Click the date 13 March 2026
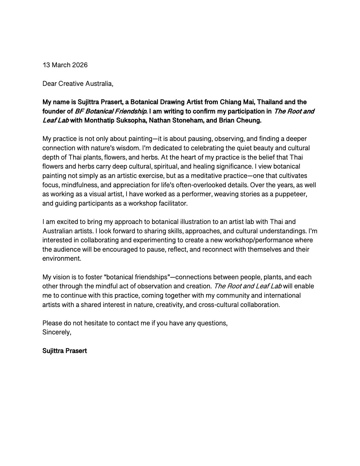[65, 65]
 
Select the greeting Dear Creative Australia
[78, 84]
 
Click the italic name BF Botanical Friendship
[111, 111]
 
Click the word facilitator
[172, 203]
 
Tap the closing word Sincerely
[56, 332]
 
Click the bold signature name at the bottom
[65, 351]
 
